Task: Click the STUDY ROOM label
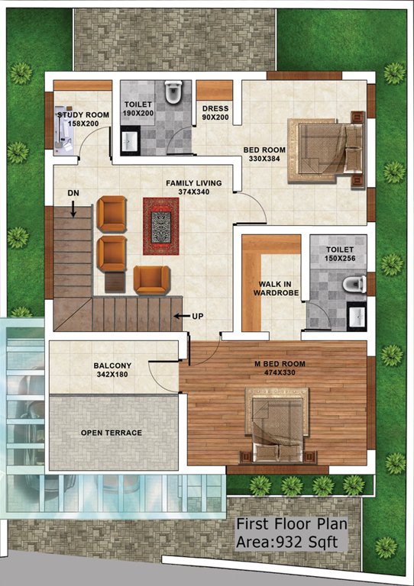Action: click(83, 115)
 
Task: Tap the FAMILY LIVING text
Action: click(194, 184)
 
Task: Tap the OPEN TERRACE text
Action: click(112, 433)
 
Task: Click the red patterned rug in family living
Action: click(160, 227)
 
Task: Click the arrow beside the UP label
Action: click(180, 315)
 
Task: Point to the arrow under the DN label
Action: click(73, 204)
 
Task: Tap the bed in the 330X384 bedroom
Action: click(324, 148)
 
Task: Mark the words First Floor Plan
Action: click(291, 525)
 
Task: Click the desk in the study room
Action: click(64, 127)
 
